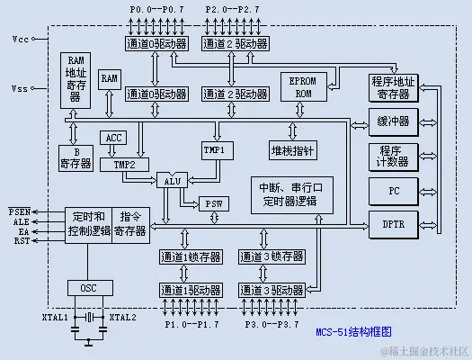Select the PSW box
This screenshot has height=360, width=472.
pos(214,203)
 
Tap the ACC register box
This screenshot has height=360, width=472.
pos(114,138)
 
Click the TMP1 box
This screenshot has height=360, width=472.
pos(215,148)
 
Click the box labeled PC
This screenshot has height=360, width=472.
pos(394,192)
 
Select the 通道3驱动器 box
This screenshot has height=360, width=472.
pos(272,290)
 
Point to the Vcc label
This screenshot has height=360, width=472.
pos(20,40)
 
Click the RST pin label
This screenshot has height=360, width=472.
pos(19,241)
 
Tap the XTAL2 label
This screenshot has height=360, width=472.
pos(122,318)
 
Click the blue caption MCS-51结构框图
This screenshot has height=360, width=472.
pos(353,331)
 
